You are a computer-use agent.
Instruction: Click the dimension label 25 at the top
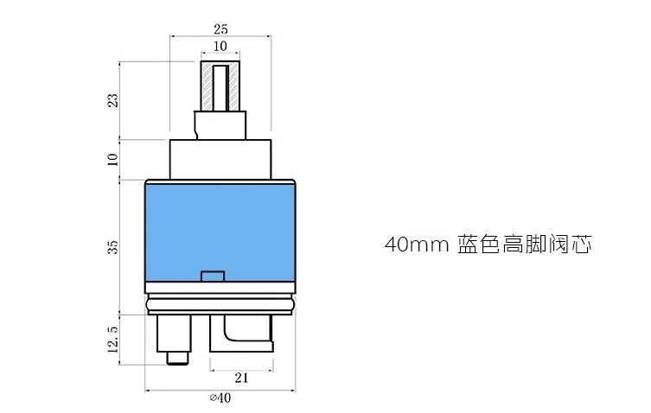pos(220,29)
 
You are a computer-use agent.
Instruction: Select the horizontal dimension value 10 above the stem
pos(220,46)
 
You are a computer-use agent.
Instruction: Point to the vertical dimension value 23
pos(113,100)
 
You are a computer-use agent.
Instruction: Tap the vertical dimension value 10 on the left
pos(113,159)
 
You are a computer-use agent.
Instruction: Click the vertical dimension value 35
pos(113,247)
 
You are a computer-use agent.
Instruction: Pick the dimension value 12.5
pos(113,340)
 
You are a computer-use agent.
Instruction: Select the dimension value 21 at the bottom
pos(241,378)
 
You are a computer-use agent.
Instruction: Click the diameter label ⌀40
pos(220,398)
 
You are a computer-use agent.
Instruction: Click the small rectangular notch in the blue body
pos(213,276)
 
